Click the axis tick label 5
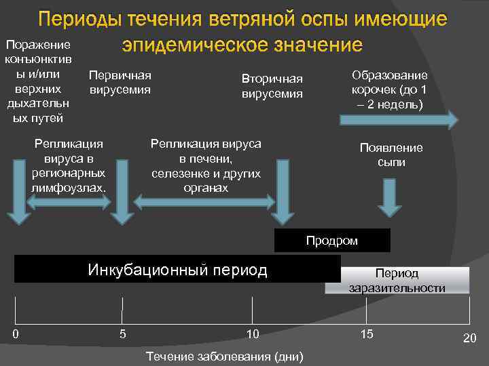pyautogui.click(x=122, y=333)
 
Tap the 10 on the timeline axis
pyautogui.click(x=253, y=333)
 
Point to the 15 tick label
pyautogui.click(x=367, y=333)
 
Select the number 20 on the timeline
pyautogui.click(x=470, y=338)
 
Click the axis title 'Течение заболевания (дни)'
pyautogui.click(x=225, y=357)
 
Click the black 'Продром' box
pyautogui.click(x=331, y=241)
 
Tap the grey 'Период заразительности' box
pyautogui.click(x=397, y=281)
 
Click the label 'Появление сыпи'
pyautogui.click(x=391, y=155)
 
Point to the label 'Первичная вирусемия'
pyautogui.click(x=120, y=82)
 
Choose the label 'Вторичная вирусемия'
pyautogui.click(x=272, y=86)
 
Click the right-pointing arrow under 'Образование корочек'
pyautogui.click(x=397, y=120)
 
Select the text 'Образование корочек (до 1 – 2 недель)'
pyautogui.click(x=389, y=90)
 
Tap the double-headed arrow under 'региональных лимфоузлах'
pyautogui.click(x=69, y=200)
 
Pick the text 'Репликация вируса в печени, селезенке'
pyautogui.click(x=206, y=165)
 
